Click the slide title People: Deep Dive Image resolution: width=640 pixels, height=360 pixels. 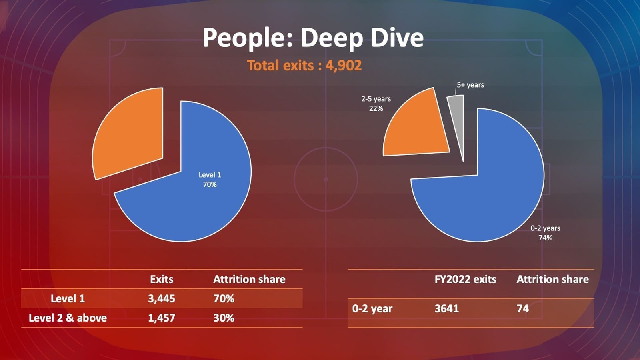pos(313,38)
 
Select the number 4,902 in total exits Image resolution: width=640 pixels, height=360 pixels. pos(344,65)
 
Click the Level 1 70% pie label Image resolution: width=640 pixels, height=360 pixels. pos(210,180)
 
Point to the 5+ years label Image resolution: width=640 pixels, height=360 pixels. pos(470,85)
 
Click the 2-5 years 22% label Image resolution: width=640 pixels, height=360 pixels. pos(376,104)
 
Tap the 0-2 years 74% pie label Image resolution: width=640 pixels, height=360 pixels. pos(545,233)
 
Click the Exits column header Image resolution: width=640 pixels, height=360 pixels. pos(162,279)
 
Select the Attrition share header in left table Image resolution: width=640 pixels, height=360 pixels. pos(249,279)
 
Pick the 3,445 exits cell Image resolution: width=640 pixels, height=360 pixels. pos(162,298)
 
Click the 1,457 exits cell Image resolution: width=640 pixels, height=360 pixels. pos(162,318)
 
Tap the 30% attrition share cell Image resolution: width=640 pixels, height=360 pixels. pos(224,318)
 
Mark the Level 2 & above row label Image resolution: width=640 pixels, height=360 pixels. pos(68,318)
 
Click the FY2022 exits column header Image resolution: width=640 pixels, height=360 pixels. pos(465,279)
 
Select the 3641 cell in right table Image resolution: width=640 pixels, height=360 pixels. pos(447,308)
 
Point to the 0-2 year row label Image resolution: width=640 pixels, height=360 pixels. pos(372,308)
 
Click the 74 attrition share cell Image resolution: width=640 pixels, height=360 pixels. pos(523,308)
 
